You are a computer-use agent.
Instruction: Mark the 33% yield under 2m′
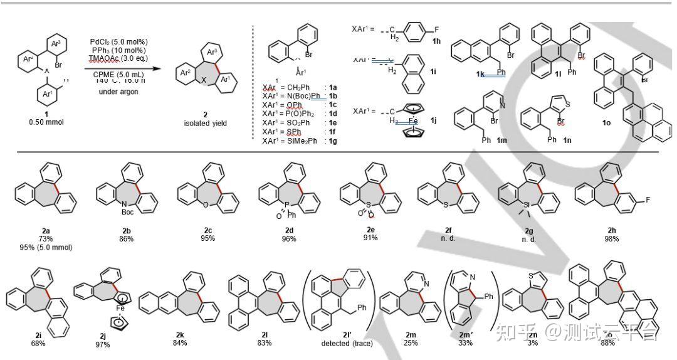coord(468,344)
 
